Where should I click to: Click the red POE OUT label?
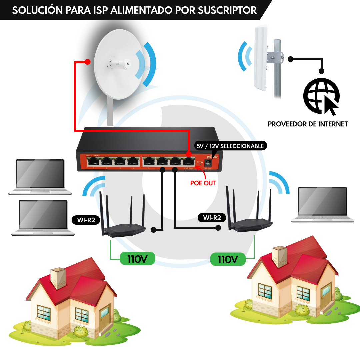[203, 183]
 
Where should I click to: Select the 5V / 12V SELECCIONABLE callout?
[230, 146]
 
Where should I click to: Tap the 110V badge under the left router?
[137, 259]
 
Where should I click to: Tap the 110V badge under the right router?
[228, 259]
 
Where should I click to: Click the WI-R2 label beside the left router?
[86, 220]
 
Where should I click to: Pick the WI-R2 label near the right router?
[212, 218]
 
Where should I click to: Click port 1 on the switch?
[93, 162]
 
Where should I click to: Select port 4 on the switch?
[133, 162]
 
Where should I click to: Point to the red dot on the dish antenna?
[88, 62]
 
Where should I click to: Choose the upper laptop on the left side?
[40, 177]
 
